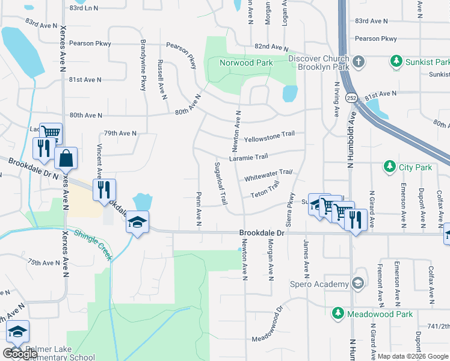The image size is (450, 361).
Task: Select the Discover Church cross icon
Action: click(358, 61)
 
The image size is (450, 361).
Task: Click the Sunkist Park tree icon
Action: click(396, 61)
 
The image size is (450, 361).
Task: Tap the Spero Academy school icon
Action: click(358, 283)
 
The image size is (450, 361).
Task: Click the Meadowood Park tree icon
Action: click(337, 313)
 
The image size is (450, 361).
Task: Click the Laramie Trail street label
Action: click(248, 158)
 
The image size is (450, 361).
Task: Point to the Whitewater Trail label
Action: click(268, 175)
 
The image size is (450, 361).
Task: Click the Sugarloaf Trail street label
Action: click(220, 182)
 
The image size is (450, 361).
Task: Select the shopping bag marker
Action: click(66, 158)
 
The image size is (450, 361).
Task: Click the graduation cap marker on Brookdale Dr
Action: click(137, 223)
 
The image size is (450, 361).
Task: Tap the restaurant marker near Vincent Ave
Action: click(104, 190)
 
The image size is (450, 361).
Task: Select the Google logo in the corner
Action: click(20, 354)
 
